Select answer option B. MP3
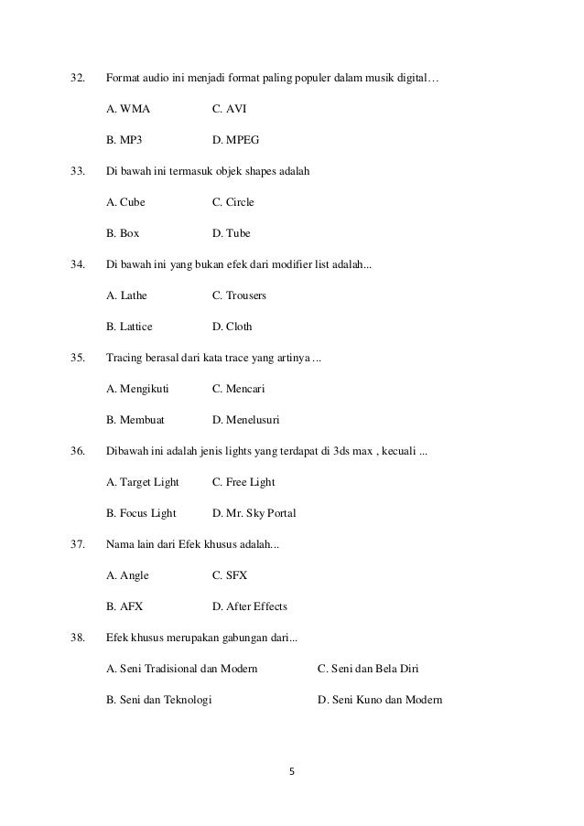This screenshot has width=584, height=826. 124,141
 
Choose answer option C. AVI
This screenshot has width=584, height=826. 229,110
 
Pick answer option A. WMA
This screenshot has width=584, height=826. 128,110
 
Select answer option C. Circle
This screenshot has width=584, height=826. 233,202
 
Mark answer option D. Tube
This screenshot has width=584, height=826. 231,233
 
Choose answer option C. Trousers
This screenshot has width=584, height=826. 239,295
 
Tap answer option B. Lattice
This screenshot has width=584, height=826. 129,327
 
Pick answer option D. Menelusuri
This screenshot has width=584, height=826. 245,420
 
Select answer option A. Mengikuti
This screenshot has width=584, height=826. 137,389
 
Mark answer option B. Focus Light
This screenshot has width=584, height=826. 141,513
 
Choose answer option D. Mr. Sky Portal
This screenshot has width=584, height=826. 254,513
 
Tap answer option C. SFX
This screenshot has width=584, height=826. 229,575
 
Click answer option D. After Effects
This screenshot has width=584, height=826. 249,606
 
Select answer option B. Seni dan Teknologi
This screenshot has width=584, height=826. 158,700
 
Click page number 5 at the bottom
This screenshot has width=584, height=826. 292,771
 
